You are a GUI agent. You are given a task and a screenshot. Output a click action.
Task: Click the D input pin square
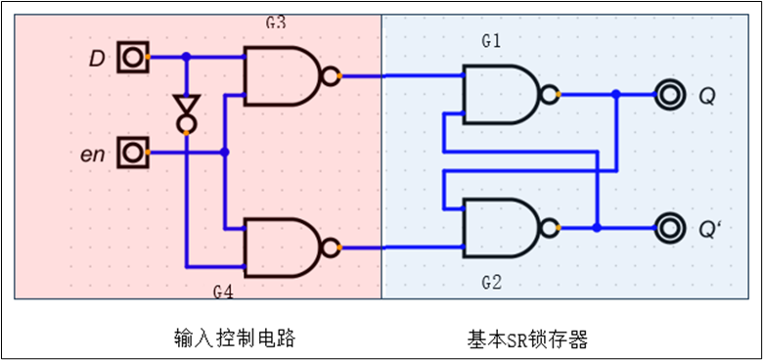point(131,58)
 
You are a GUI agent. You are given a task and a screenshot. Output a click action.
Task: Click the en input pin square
point(131,153)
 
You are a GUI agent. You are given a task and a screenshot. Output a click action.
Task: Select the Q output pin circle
point(670,95)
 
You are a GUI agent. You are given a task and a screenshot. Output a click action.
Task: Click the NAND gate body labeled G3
point(282,76)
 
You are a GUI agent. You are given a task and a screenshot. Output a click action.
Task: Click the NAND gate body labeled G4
point(282,247)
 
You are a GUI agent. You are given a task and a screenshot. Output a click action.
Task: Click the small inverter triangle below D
point(185,106)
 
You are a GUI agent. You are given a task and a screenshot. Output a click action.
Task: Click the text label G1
point(491,41)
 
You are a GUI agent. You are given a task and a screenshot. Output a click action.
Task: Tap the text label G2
point(491,283)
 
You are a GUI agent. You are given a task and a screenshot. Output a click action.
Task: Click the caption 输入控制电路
point(228,338)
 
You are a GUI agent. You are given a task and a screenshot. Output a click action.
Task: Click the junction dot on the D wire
point(186,58)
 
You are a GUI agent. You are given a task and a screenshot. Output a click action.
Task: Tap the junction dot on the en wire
point(225,153)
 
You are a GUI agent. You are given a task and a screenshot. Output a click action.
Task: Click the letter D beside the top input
point(96,59)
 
